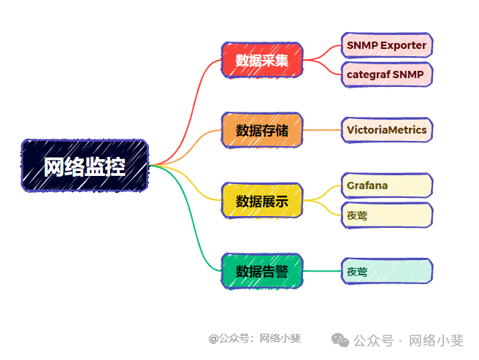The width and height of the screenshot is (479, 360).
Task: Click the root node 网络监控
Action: tap(85, 166)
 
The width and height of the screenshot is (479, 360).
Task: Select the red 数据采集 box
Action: tap(261, 61)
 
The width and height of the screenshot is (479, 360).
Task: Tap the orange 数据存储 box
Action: tap(261, 131)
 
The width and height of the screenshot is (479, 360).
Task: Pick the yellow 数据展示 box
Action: tap(261, 201)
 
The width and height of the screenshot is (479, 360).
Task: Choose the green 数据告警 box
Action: tap(261, 271)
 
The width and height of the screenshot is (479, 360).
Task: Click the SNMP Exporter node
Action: tap(386, 45)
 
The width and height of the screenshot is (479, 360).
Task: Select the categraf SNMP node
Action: tap(386, 74)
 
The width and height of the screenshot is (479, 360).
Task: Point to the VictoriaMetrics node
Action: tap(386, 130)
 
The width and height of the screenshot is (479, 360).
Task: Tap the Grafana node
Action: tap(386, 185)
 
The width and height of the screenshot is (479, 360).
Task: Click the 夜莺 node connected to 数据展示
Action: tap(386, 215)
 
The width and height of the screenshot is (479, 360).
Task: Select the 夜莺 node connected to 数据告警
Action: tap(386, 272)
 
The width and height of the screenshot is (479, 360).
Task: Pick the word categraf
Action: tap(368, 74)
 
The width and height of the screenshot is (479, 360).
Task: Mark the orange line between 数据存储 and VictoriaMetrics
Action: tap(321, 130)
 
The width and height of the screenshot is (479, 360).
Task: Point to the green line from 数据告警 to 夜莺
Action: tap(321, 271)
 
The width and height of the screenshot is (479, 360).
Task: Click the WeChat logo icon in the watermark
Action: tap(340, 340)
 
